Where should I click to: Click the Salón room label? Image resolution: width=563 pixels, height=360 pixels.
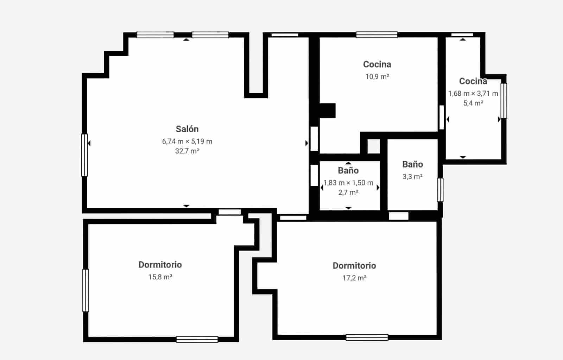tap(187, 129)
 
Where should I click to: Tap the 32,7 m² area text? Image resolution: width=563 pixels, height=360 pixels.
tap(187, 151)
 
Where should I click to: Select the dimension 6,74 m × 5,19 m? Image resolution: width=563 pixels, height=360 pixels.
tap(187, 141)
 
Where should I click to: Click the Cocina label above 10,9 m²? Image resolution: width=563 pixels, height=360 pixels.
tap(377, 64)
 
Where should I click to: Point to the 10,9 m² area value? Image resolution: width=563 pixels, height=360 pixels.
tap(377, 77)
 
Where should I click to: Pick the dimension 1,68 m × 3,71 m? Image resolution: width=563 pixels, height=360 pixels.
tap(473, 94)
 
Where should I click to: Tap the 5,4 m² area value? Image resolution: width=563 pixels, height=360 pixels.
tap(473, 103)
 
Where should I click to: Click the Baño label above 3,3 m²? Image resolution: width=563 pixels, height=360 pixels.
tap(412, 164)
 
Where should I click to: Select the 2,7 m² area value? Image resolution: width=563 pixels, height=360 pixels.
tap(348, 192)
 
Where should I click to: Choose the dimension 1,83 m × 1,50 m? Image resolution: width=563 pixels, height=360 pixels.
tap(348, 183)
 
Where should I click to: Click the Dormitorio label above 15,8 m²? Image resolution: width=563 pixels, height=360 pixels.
tap(160, 265)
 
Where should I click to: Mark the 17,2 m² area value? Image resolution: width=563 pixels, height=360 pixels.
tap(354, 278)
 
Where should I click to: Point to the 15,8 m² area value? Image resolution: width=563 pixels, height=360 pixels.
tap(160, 277)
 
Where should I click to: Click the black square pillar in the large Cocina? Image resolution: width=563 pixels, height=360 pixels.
tap(327, 110)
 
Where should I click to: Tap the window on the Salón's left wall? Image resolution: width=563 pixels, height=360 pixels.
tap(84, 155)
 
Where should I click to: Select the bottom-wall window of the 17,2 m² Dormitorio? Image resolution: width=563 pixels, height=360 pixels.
tap(367, 337)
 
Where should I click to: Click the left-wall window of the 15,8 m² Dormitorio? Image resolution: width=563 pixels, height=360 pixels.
tap(86, 290)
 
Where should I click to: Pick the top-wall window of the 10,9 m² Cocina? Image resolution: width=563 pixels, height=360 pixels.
tap(377, 34)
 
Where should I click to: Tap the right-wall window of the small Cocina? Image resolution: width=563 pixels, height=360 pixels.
tap(504, 101)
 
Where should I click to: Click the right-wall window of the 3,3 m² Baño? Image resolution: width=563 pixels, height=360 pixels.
tap(440, 190)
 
